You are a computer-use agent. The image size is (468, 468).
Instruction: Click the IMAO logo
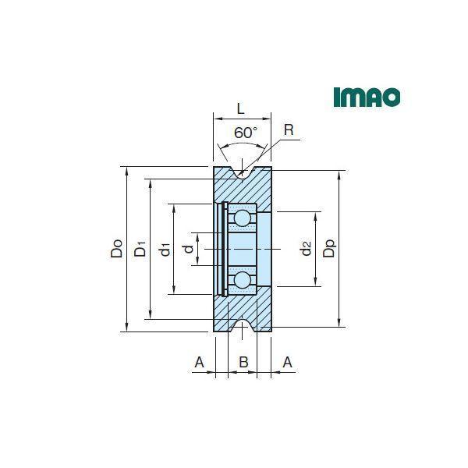[367, 97]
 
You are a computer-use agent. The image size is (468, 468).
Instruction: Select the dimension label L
[240, 109]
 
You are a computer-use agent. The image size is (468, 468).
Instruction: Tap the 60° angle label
[246, 133]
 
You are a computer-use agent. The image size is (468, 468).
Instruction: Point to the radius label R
[289, 130]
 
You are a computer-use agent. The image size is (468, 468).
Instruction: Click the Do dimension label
[116, 248]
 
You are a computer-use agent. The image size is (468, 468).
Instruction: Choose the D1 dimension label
[140, 248]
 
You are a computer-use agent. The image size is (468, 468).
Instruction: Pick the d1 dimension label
[165, 250]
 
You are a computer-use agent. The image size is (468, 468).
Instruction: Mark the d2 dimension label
[307, 248]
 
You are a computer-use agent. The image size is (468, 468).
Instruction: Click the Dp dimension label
[329, 248]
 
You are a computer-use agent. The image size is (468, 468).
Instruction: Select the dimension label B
[243, 362]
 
